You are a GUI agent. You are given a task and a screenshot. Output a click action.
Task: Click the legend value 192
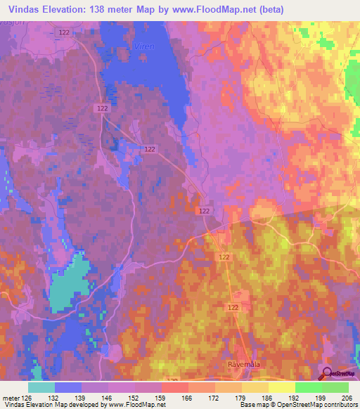click(x=295, y=397)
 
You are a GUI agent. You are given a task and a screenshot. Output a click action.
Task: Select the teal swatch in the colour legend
click(x=41, y=387)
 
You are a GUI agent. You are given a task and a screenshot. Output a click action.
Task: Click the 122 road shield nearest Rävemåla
click(x=233, y=309)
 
